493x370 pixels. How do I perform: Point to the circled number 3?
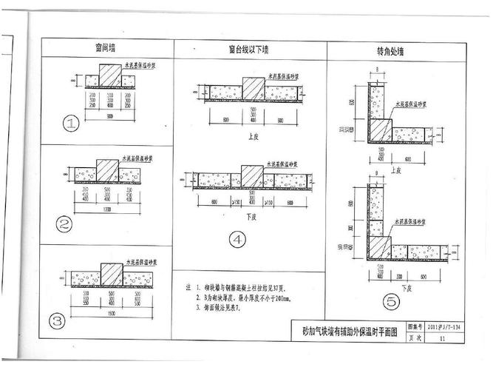56,320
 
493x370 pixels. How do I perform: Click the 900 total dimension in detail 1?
109,118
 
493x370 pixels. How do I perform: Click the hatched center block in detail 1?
109,76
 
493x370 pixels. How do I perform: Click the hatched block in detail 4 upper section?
254,90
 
